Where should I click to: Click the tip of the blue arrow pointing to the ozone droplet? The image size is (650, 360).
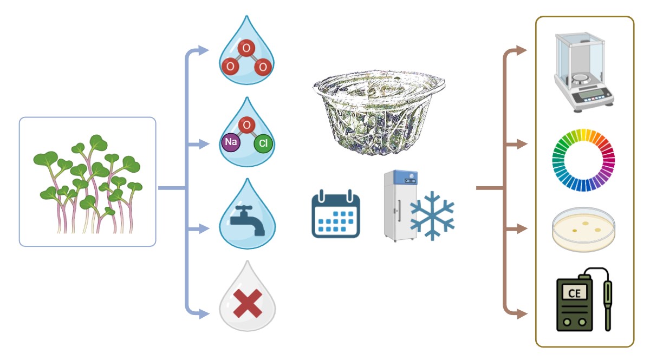pyautogui.click(x=209, y=50)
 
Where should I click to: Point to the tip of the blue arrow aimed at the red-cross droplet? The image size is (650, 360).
pyautogui.click(x=209, y=313)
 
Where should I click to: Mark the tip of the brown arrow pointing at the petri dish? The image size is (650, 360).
pyautogui.click(x=527, y=229)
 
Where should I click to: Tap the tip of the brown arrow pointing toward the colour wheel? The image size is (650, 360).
pyautogui.click(x=527, y=144)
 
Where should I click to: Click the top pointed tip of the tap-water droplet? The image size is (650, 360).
pyautogui.click(x=248, y=179)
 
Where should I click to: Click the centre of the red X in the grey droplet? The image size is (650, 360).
pyautogui.click(x=248, y=304)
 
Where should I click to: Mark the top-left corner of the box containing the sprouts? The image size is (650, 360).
pyautogui.click(x=19, y=117)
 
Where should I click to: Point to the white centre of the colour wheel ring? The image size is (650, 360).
pyautogui.click(x=583, y=160)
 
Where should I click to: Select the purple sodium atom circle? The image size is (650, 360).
pyautogui.click(x=231, y=142)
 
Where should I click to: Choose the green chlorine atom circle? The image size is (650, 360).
pyautogui.click(x=263, y=143)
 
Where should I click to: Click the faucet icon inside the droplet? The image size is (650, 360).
pyautogui.click(x=247, y=220)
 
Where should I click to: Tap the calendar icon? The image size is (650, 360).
pyautogui.click(x=336, y=214)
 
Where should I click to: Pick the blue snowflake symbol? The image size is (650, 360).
pyautogui.click(x=432, y=215)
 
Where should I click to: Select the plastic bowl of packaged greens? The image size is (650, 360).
pyautogui.click(x=379, y=113)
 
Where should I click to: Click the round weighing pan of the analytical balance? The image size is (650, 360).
pyautogui.click(x=581, y=78)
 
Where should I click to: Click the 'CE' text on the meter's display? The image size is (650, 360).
pyautogui.click(x=574, y=293)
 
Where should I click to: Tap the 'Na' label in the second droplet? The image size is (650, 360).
pyautogui.click(x=231, y=142)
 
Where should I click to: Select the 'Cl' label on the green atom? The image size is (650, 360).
pyautogui.click(x=263, y=143)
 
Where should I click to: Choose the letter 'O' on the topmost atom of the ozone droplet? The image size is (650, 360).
pyautogui.click(x=246, y=48)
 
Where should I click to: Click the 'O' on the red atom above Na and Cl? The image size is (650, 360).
pyautogui.click(x=246, y=125)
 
